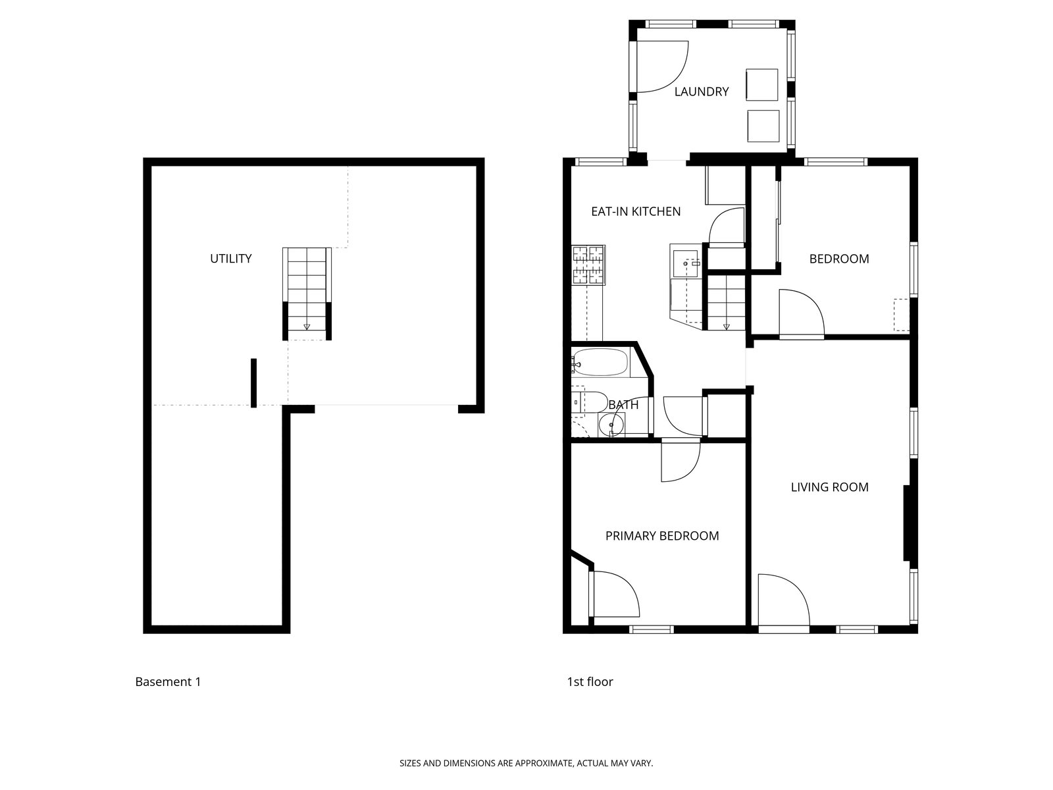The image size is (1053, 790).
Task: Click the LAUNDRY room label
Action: pos(701,92)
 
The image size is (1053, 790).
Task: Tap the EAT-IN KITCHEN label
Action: pos(636,211)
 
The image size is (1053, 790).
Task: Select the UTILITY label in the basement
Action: pos(231,259)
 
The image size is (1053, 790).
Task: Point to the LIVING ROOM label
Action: pos(829,487)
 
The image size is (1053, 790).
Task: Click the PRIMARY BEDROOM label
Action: pos(662,536)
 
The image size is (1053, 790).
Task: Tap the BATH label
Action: pos(624,405)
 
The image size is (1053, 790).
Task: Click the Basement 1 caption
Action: pos(168,681)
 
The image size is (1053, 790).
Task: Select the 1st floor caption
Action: pos(590,681)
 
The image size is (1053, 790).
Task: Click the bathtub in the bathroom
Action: pos(600,361)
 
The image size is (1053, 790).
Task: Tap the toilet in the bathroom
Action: pos(590,402)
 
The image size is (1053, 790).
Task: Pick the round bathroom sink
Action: pos(611,425)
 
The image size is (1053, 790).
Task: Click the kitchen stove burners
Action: pos(588,265)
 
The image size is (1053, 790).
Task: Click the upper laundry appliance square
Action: pos(762,84)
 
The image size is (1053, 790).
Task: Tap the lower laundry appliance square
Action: pos(763,126)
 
